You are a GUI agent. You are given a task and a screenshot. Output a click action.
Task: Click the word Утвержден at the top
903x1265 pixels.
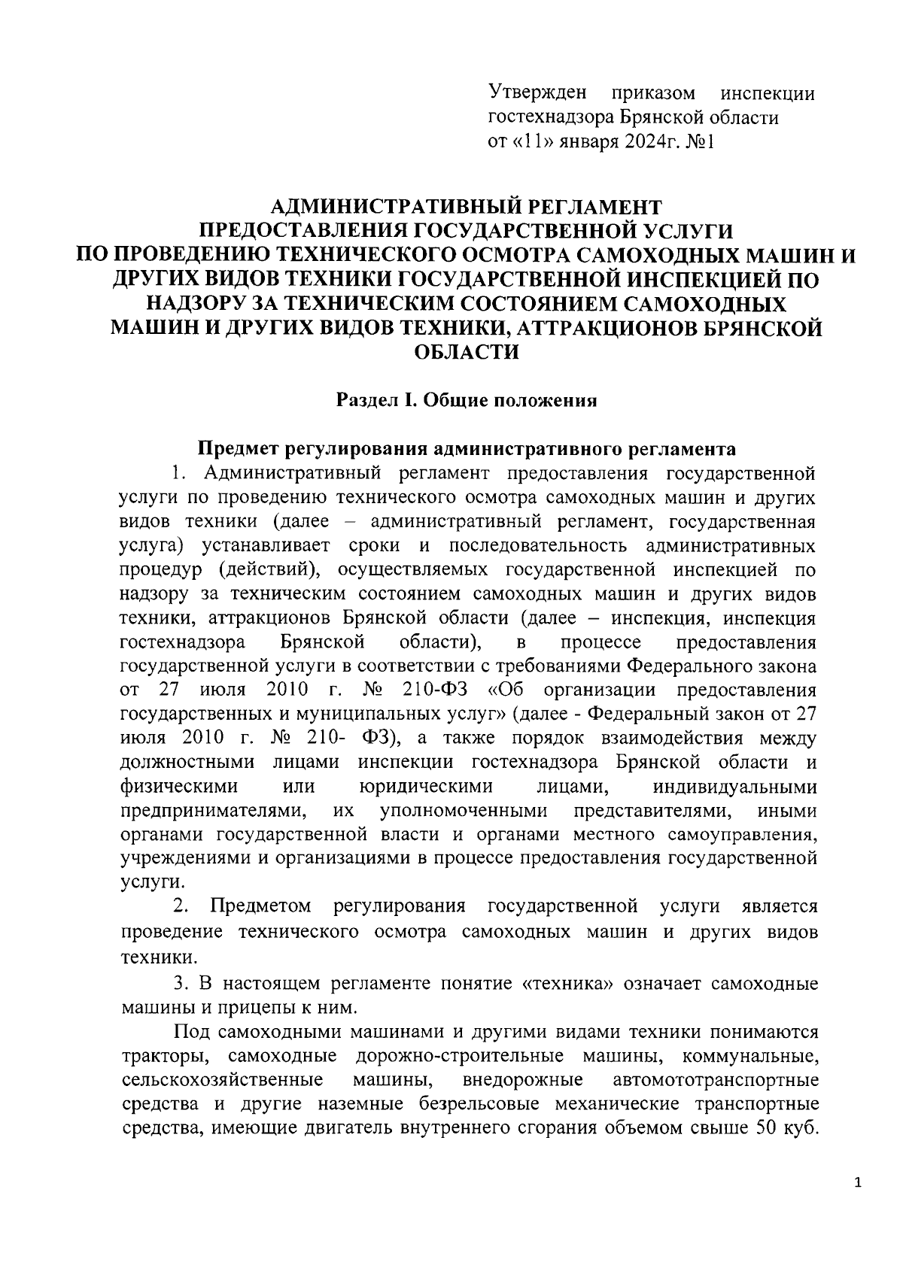pos(537,93)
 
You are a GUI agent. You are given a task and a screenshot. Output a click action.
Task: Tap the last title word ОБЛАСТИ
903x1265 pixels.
pos(467,352)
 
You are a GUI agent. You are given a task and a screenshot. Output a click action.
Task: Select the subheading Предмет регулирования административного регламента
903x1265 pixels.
pos(467,449)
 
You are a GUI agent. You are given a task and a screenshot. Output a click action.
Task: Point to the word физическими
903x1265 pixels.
pos(179,786)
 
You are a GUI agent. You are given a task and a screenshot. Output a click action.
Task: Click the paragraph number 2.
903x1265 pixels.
pos(180,907)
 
